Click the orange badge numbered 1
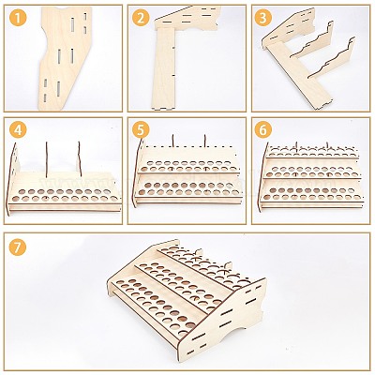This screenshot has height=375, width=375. click(19, 19)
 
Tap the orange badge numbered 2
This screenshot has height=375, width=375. click(141, 19)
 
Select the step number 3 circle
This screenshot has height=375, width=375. click(263, 19)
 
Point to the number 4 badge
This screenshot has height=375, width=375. click(19, 130)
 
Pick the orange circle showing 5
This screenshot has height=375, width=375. click(141, 130)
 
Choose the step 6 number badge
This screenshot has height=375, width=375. click(263, 130)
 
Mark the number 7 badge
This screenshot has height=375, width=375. click(19, 247)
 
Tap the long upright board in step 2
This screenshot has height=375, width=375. click(164, 68)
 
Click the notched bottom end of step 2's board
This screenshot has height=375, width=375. click(162, 108)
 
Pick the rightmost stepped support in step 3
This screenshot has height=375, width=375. click(332, 58)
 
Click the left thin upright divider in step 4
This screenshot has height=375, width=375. click(47, 158)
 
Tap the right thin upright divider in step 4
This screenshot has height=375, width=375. click(80, 158)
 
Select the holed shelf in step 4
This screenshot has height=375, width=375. click(64, 194)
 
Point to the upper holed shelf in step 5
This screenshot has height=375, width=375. click(188, 166)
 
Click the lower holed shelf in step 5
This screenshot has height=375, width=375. click(188, 188)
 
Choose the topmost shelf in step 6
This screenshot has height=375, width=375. click(312, 152)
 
